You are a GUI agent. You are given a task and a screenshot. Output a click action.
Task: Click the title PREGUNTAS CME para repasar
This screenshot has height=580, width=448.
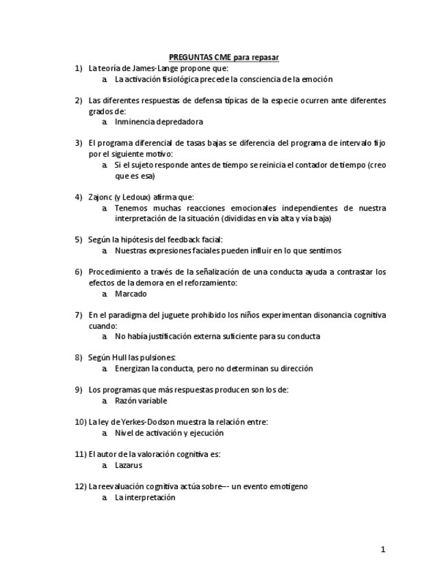(x=224, y=57)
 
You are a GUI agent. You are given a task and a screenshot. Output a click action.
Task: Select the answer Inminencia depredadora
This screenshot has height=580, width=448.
(x=159, y=122)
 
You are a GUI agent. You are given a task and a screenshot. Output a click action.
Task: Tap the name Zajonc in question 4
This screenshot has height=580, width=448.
(x=100, y=197)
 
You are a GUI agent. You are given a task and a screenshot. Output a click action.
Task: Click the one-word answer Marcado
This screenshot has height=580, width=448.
(x=131, y=293)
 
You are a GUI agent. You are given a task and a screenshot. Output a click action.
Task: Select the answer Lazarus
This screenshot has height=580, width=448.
(x=129, y=465)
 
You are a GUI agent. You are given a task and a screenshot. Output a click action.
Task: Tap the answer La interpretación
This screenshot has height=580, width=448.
(x=145, y=497)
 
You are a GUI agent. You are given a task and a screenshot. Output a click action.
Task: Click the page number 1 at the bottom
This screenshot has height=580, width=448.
(x=383, y=549)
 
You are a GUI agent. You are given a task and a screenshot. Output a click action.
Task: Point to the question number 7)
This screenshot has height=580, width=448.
(x=79, y=315)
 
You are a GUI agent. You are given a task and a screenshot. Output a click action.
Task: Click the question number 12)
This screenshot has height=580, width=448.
(x=80, y=486)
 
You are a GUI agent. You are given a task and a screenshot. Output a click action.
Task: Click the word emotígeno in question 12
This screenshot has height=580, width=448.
(x=288, y=486)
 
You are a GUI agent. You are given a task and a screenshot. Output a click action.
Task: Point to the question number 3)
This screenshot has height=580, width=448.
(x=79, y=143)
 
